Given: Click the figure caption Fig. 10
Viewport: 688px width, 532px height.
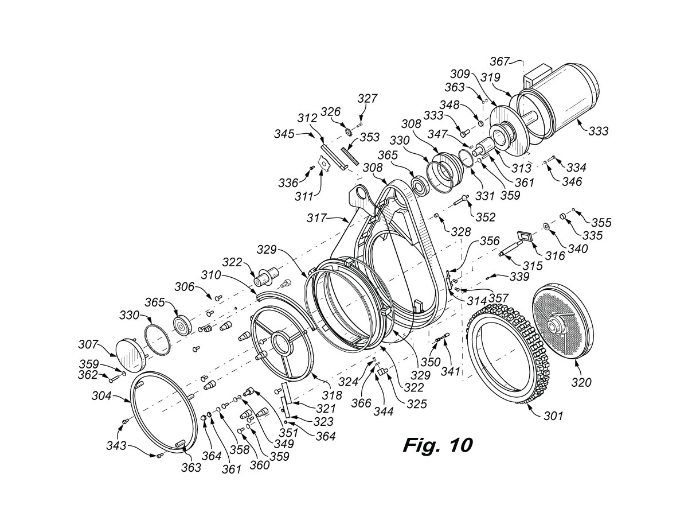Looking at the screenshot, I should pyautogui.click(x=438, y=445).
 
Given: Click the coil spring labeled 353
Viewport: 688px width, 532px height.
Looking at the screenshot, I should pyautogui.click(x=349, y=156).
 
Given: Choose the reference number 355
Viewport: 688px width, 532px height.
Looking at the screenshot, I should pyautogui.click(x=601, y=223).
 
